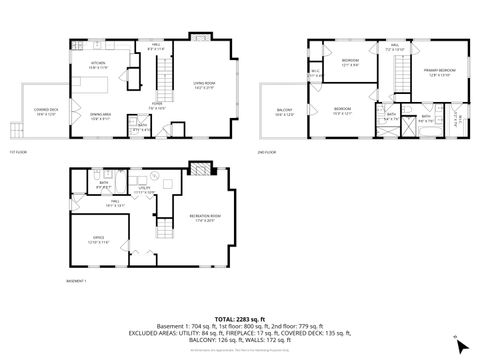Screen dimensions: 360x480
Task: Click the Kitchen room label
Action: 99,65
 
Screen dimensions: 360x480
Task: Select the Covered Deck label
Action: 45,111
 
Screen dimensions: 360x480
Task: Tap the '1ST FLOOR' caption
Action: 17,151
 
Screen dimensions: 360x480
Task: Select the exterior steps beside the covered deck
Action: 16,127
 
